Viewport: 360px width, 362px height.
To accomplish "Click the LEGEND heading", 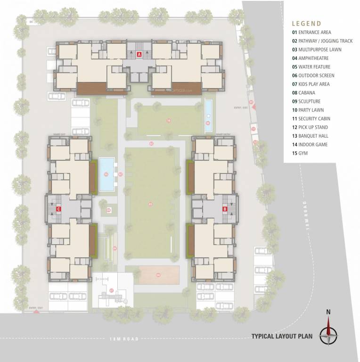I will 306,23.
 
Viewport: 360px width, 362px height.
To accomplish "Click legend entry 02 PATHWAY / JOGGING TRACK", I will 322,41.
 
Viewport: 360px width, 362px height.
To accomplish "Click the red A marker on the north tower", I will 139,55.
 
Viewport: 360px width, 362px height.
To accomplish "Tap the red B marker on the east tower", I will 225,208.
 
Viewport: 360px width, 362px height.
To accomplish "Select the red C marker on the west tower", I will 58,208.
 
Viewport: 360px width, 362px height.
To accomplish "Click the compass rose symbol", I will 328,335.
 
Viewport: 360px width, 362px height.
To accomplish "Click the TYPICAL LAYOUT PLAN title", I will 281,337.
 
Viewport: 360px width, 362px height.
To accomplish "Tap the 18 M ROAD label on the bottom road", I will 124,339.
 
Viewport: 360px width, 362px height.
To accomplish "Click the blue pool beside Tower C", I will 107,174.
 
